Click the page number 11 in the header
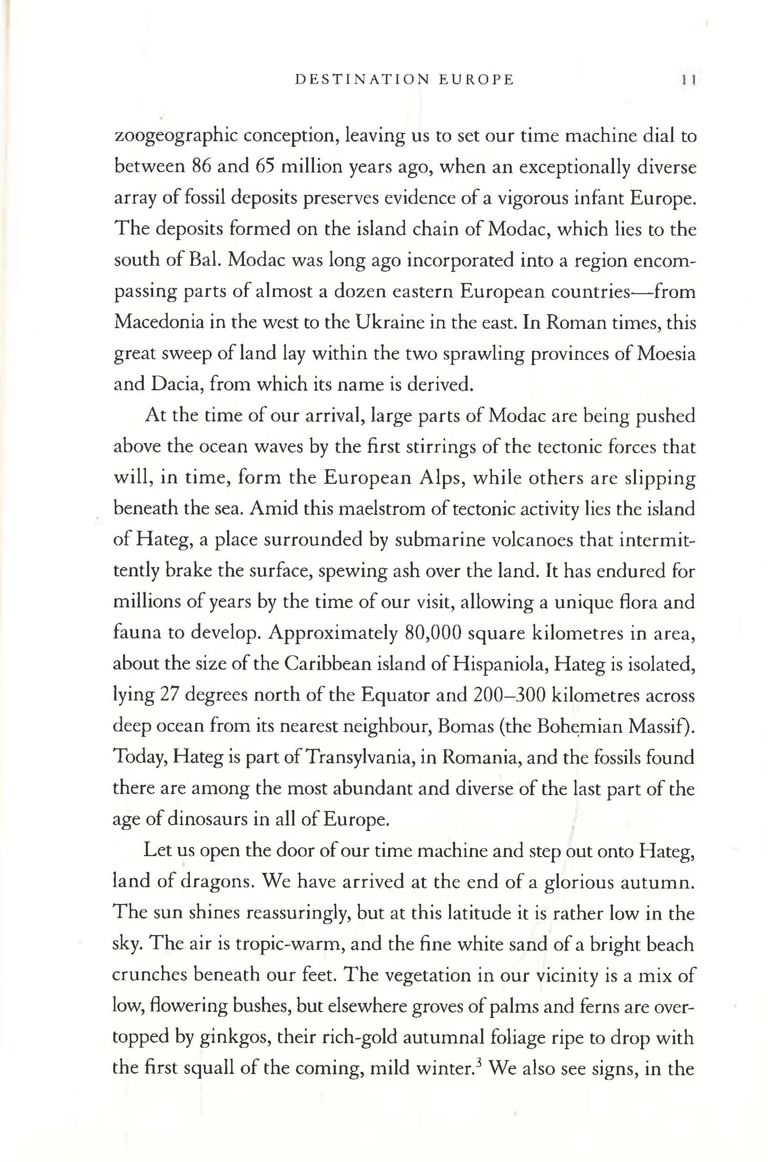coord(688,80)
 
